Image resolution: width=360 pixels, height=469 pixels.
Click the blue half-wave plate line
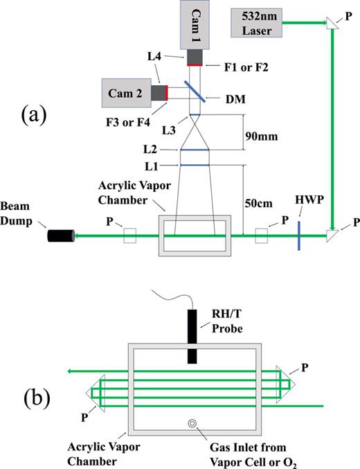point(298,236)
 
